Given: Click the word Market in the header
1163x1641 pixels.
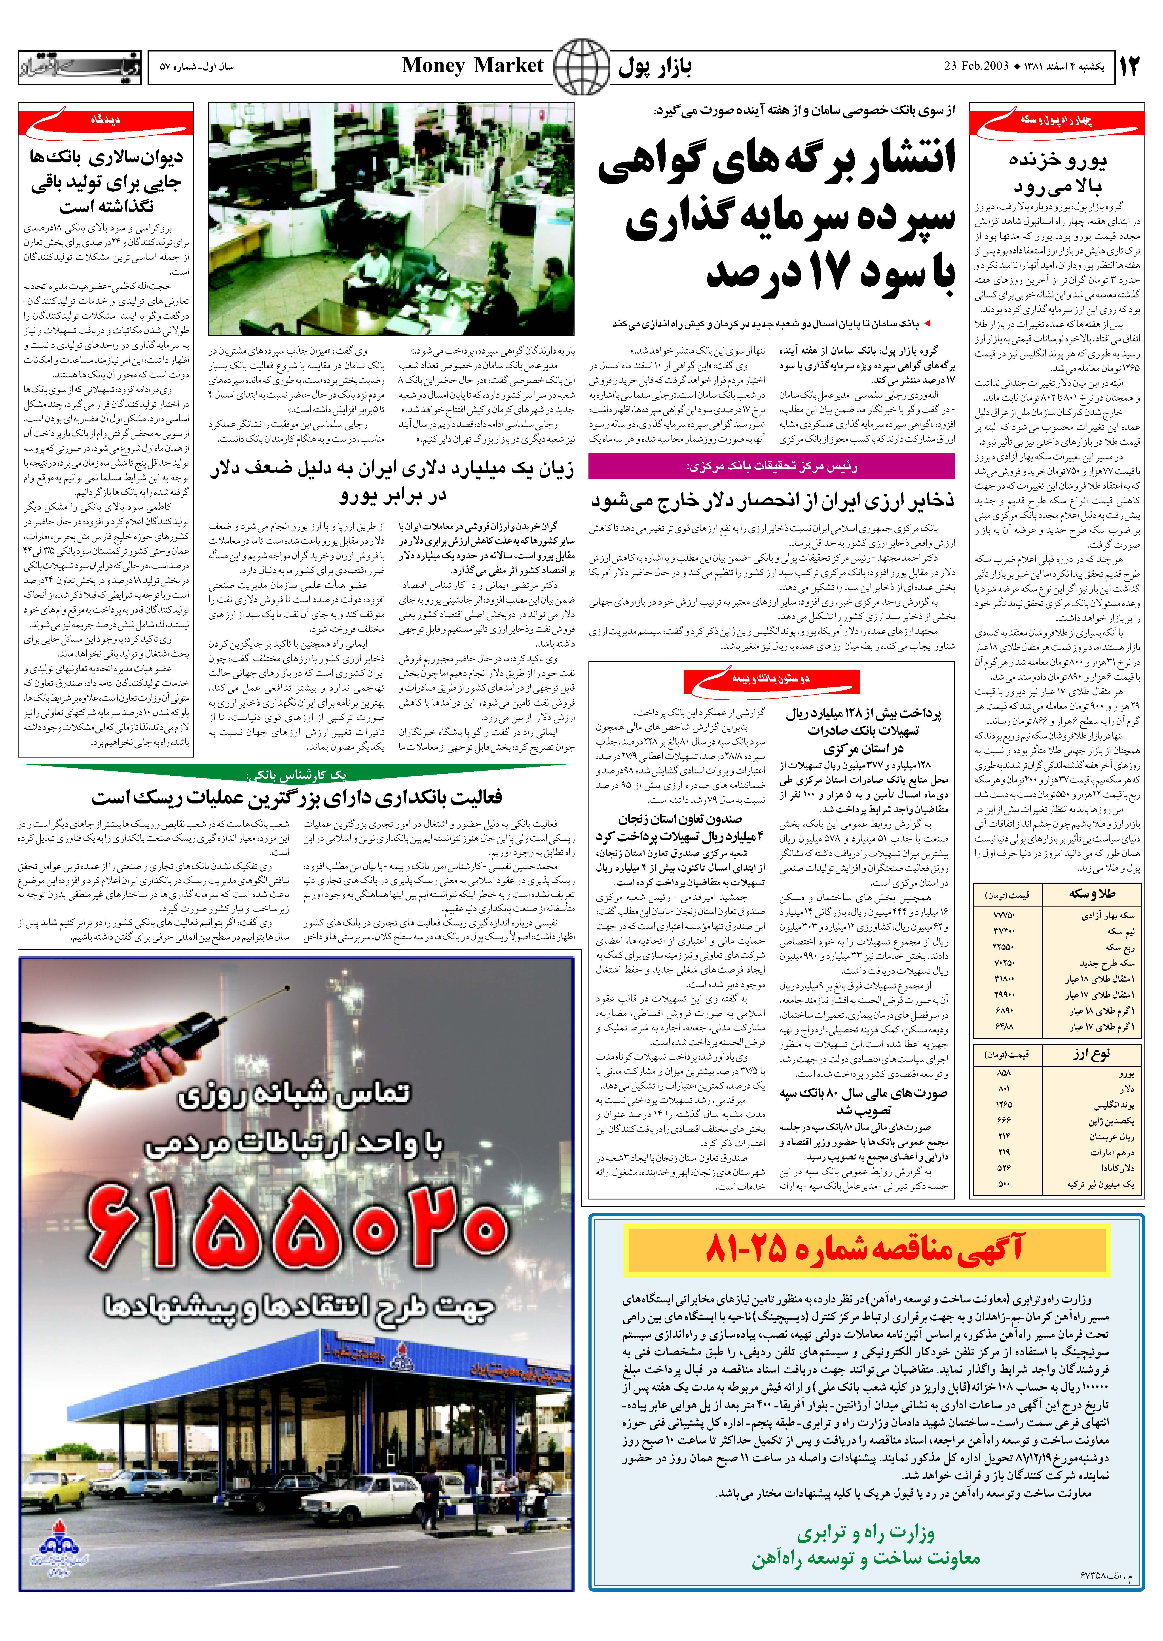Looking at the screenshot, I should (x=509, y=66).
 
